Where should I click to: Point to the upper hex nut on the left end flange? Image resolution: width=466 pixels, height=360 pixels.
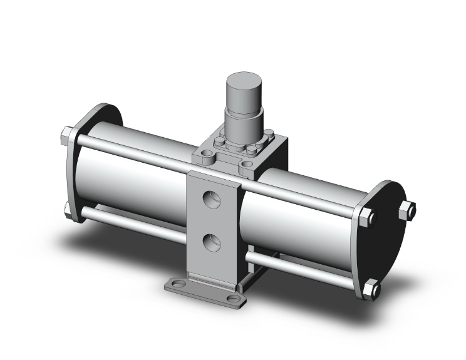[66, 135]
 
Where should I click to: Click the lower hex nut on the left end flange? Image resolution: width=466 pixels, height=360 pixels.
[67, 208]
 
